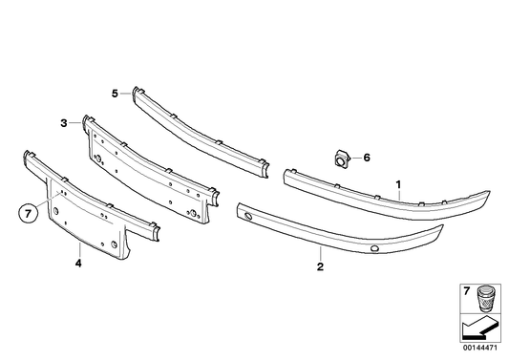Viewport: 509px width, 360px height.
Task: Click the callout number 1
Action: click(x=398, y=181)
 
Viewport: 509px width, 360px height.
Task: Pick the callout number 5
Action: click(x=114, y=93)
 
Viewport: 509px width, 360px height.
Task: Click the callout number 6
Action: click(x=365, y=159)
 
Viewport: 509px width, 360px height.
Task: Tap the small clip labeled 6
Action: click(x=341, y=159)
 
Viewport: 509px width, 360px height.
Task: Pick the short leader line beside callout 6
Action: click(x=354, y=159)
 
